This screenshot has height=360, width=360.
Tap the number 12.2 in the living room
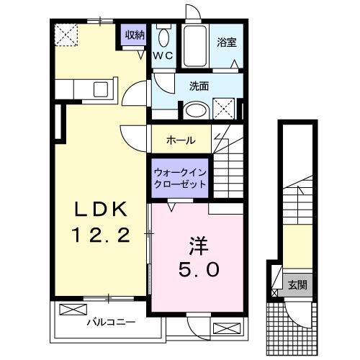(102, 235)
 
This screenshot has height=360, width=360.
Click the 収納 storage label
(134, 35)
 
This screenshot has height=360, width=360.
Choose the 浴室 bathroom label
(227, 42)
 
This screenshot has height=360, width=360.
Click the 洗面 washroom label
(199, 86)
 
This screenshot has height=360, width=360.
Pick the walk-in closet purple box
(179, 178)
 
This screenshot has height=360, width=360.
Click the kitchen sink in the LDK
(101, 90)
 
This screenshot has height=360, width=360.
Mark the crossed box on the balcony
(72, 310)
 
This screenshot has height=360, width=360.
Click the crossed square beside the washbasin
(224, 109)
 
